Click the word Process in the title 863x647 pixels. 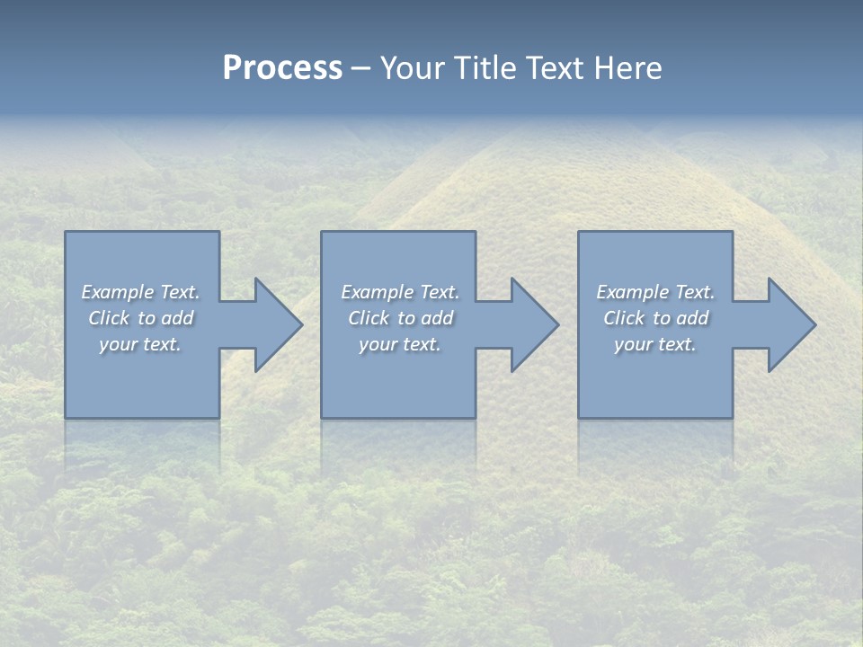click(282, 68)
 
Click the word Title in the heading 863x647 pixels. click(485, 68)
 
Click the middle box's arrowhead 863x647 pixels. click(536, 325)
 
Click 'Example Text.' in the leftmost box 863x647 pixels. click(140, 292)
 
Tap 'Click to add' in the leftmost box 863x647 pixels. click(140, 318)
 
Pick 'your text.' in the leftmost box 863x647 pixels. click(140, 344)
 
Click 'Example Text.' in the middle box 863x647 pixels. click(400, 292)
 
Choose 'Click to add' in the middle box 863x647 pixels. click(400, 318)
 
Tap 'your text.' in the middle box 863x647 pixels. click(400, 344)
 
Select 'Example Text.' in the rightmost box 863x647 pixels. click(655, 292)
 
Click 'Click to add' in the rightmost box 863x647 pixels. click(655, 318)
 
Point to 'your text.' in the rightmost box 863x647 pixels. click(655, 344)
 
